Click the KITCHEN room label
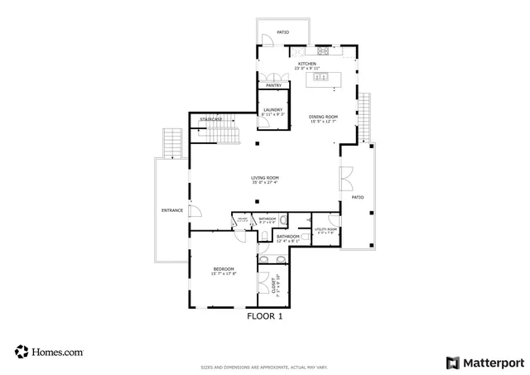point(306,64)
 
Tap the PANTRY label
point(273,85)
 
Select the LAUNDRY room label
point(273,110)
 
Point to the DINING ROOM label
point(323,117)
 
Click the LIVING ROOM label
point(265,178)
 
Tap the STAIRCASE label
point(211,119)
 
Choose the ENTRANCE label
point(171,210)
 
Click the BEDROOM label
point(224,269)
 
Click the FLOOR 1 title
point(265,315)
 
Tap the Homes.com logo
point(49,352)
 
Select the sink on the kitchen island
point(320,78)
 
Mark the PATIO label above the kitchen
point(282,32)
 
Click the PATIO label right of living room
point(358,198)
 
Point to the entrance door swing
point(195,211)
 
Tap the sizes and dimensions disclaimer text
point(264,367)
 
